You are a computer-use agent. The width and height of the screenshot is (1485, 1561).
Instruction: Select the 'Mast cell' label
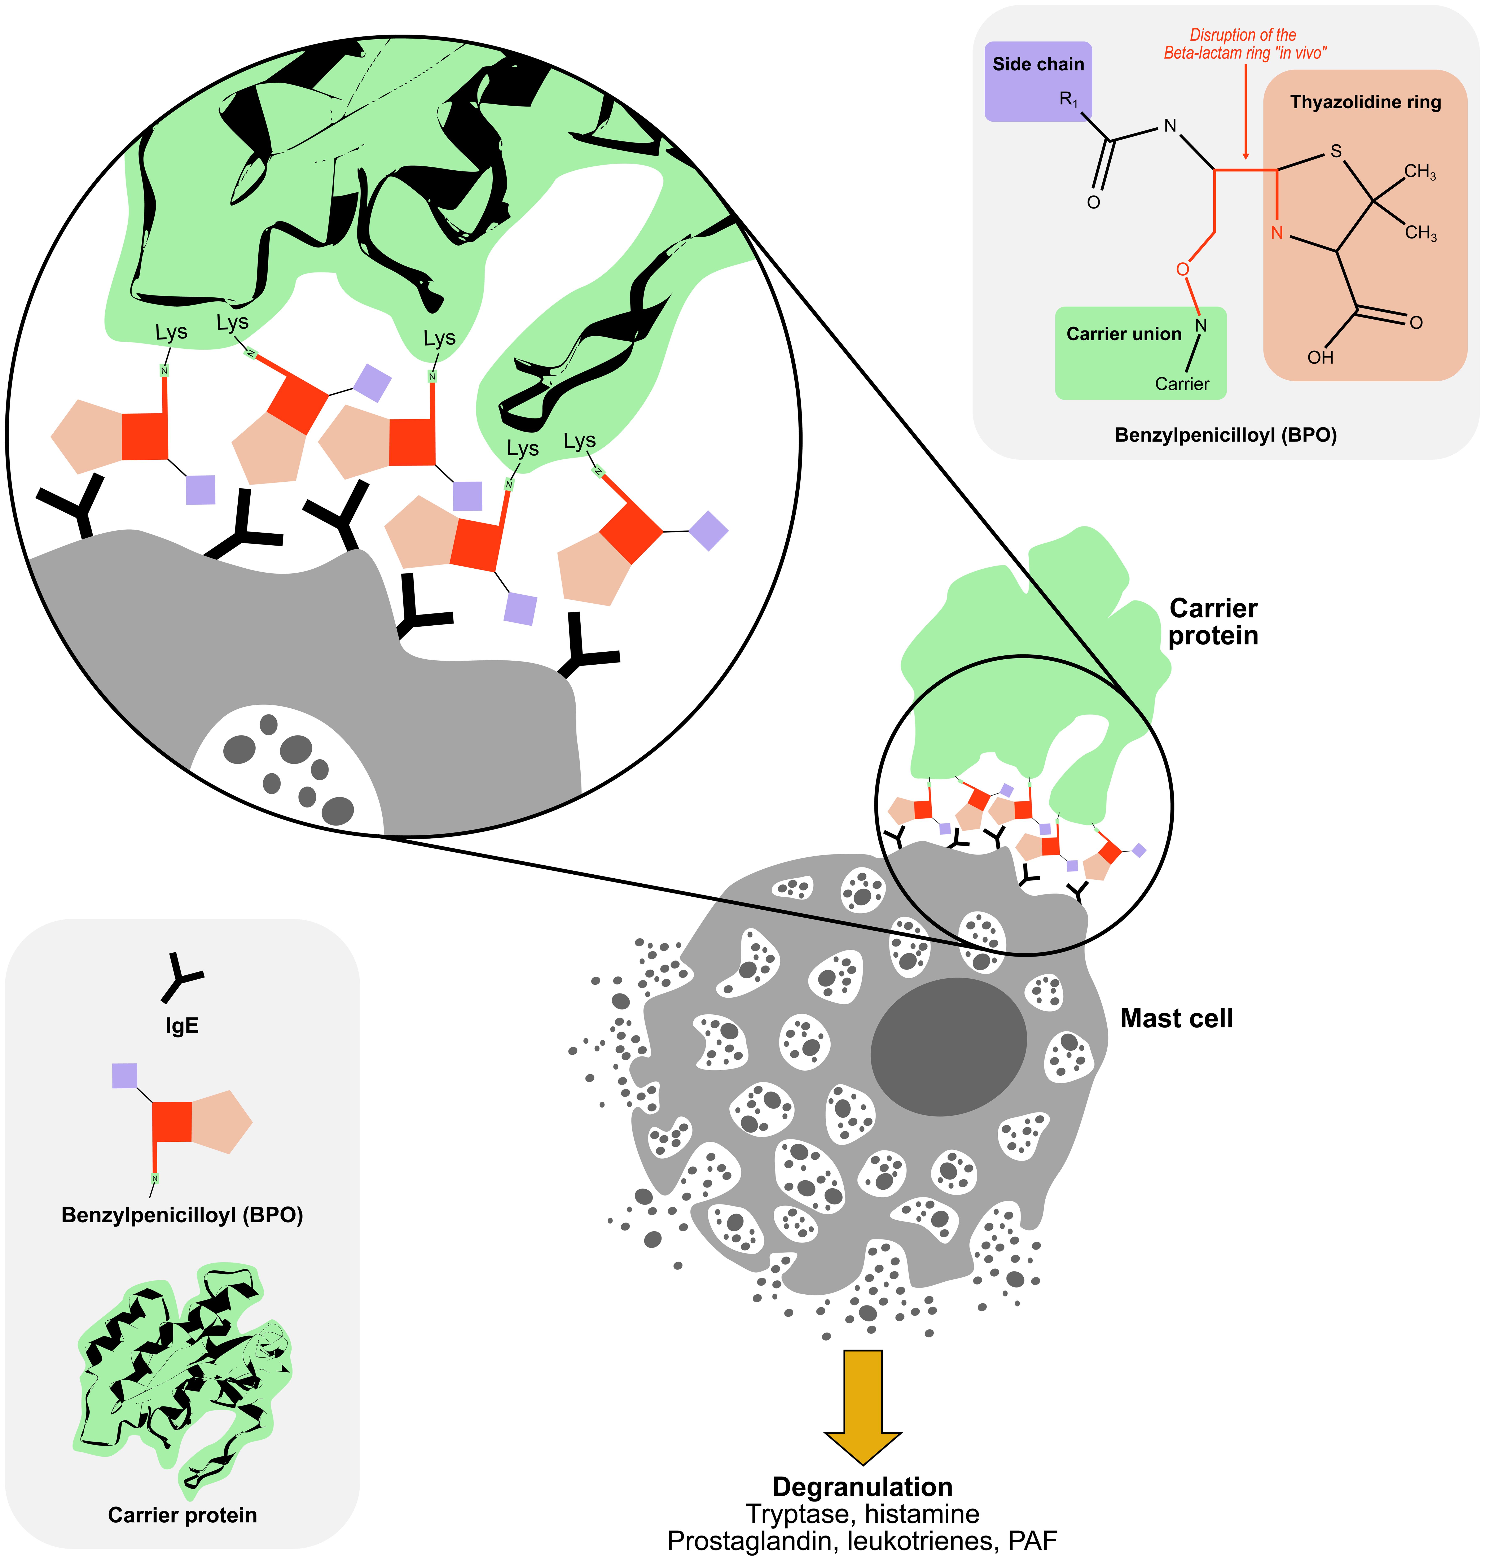point(1176,1019)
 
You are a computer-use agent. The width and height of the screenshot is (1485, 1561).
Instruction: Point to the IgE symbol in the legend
point(182,978)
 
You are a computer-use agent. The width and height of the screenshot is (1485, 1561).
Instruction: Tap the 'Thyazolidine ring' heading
point(1366,102)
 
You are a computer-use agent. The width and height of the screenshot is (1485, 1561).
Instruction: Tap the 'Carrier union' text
point(1123,334)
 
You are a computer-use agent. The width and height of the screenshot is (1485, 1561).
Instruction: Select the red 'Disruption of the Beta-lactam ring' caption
point(1244,44)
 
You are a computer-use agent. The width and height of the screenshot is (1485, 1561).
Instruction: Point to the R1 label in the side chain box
point(1069,100)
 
